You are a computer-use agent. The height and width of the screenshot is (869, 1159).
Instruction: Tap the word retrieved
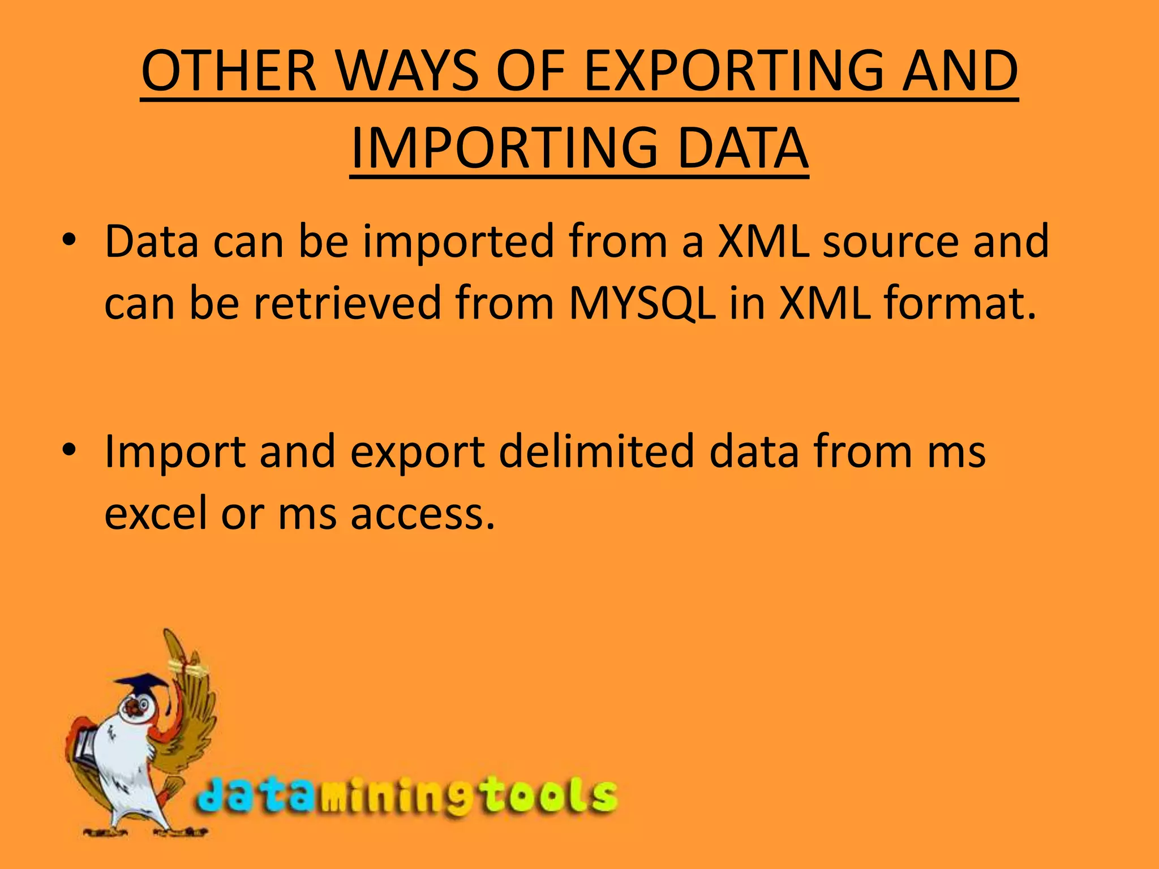click(x=347, y=303)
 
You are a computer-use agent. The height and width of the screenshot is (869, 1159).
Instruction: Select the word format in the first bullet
click(x=960, y=303)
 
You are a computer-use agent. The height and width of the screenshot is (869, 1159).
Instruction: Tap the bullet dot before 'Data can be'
click(x=68, y=240)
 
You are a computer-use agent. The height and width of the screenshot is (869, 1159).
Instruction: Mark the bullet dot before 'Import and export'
click(x=68, y=450)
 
